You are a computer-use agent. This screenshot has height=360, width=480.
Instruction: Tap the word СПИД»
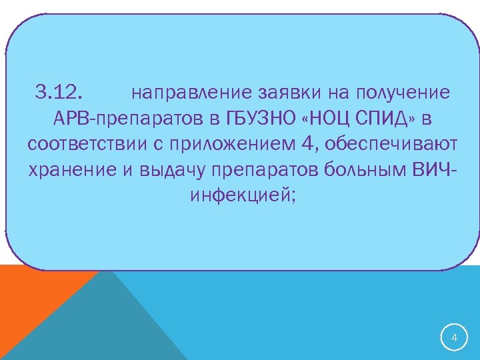tap(386, 118)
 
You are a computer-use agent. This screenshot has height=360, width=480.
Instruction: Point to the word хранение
tap(73, 170)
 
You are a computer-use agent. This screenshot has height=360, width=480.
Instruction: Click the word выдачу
tap(173, 170)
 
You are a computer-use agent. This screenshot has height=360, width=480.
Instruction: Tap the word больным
tap(361, 170)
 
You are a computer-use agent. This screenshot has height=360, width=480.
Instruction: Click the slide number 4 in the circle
tap(455, 339)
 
